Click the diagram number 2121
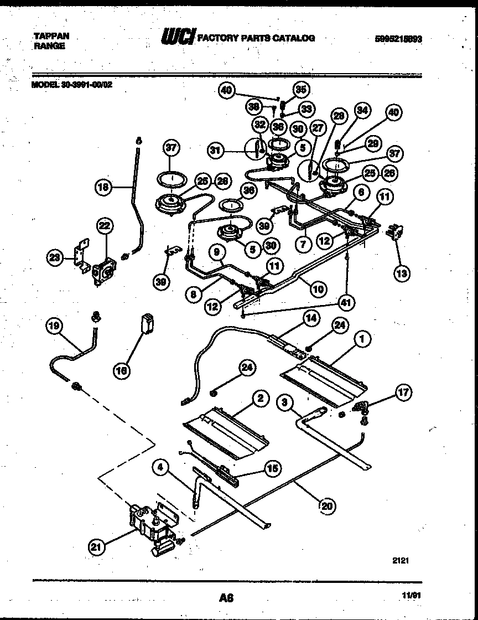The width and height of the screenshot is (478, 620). (401, 560)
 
